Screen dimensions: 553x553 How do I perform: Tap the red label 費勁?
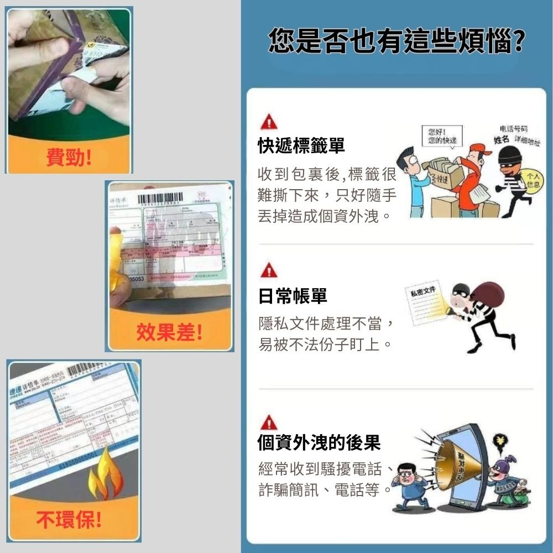click(x=69, y=158)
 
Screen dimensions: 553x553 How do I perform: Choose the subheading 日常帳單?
click(x=293, y=296)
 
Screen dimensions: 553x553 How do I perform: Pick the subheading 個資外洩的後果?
click(x=319, y=442)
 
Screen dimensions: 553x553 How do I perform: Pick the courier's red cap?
click(x=468, y=150)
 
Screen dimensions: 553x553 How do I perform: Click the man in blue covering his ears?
click(x=408, y=484)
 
